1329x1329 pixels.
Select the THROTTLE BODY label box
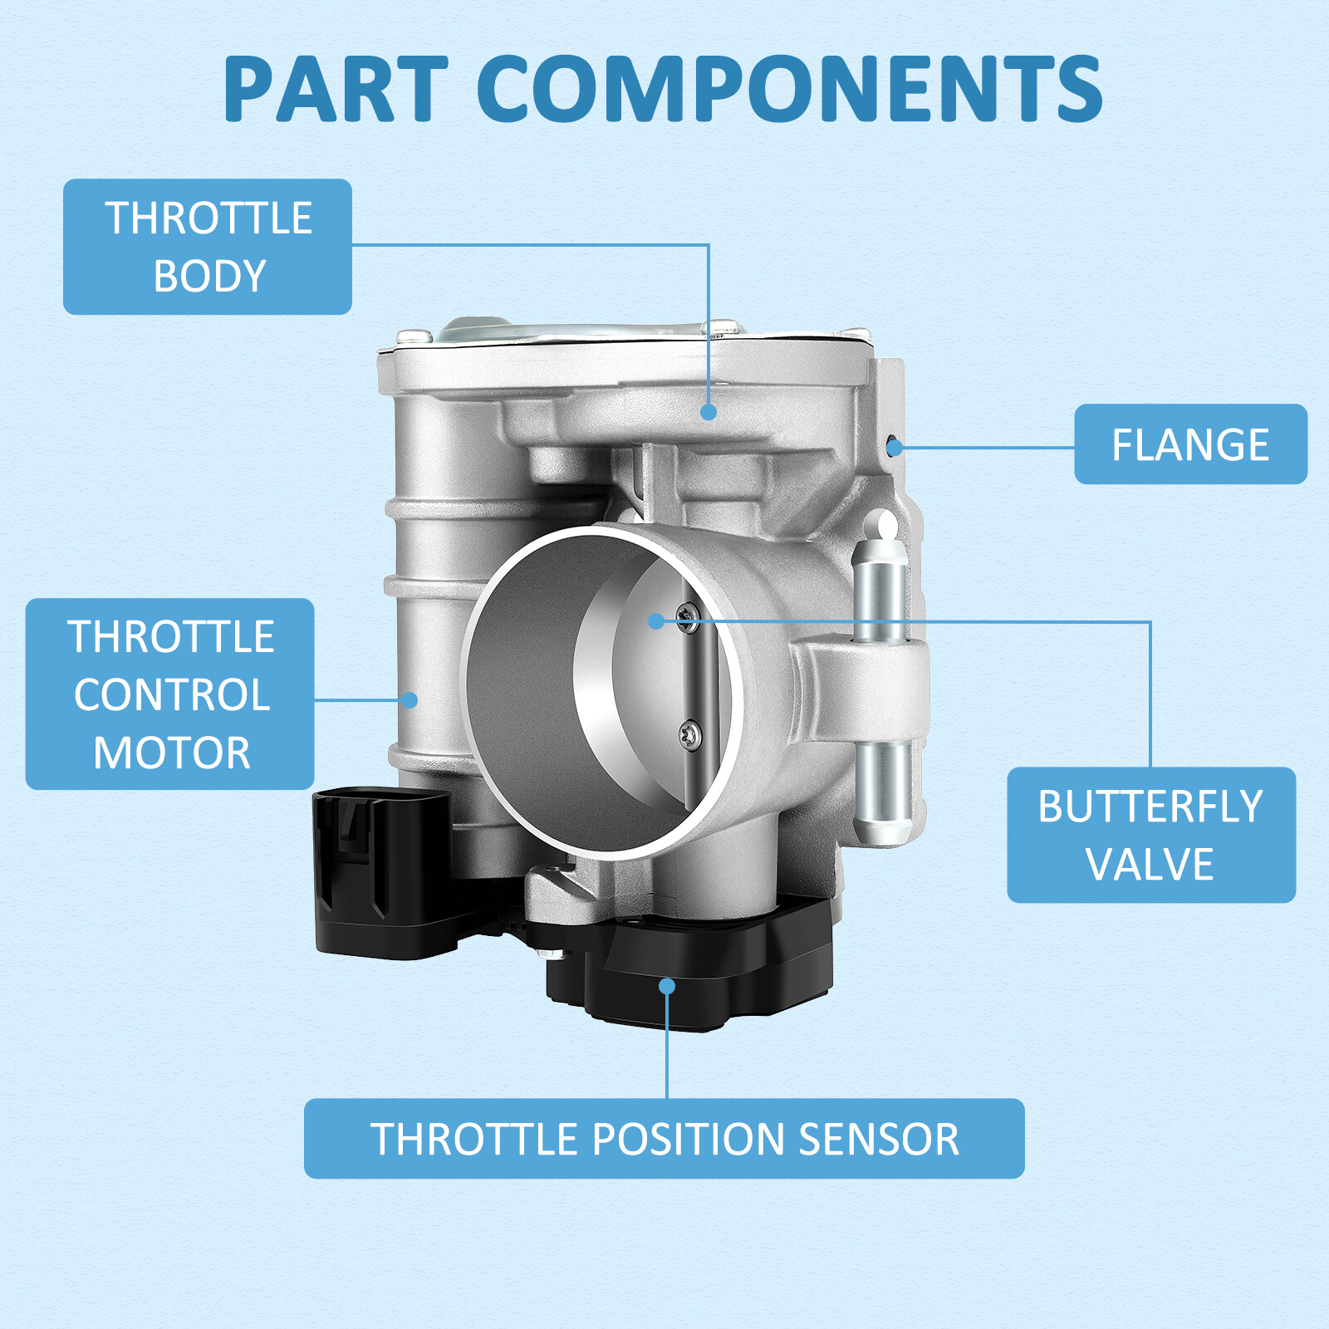pyautogui.click(x=208, y=247)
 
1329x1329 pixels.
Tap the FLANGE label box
pyautogui.click(x=1190, y=444)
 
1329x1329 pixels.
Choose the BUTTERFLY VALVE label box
pyautogui.click(x=1150, y=835)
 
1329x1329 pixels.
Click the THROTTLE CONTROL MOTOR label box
pyautogui.click(x=170, y=694)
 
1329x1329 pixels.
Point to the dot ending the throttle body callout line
pyautogui.click(x=708, y=411)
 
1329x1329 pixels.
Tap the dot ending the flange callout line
pyautogui.click(x=895, y=448)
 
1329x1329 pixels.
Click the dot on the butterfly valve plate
pyautogui.click(x=656, y=620)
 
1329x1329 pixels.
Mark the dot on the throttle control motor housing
pyautogui.click(x=409, y=699)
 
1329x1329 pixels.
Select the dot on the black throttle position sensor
pyautogui.click(x=667, y=986)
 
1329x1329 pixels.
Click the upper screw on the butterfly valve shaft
pyautogui.click(x=688, y=617)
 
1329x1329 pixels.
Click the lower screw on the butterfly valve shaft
pyautogui.click(x=690, y=733)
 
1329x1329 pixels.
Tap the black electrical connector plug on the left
pyautogui.click(x=382, y=872)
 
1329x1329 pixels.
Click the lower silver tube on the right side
pyautogui.click(x=883, y=789)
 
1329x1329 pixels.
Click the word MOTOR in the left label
pyautogui.click(x=172, y=753)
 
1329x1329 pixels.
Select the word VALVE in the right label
pyautogui.click(x=1150, y=864)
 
